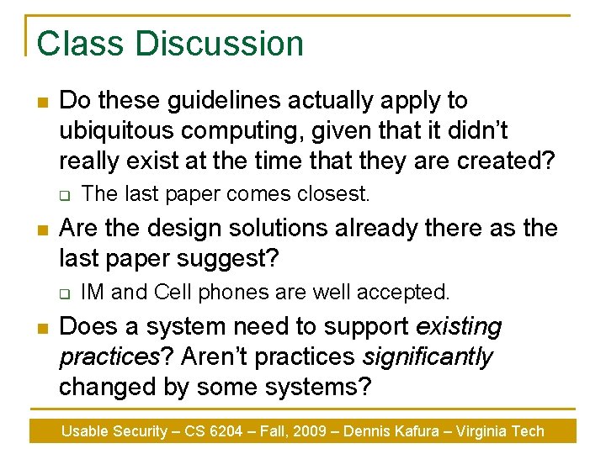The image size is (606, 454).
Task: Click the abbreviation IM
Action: [x=93, y=292]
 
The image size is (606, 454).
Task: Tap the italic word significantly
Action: [x=428, y=356]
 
